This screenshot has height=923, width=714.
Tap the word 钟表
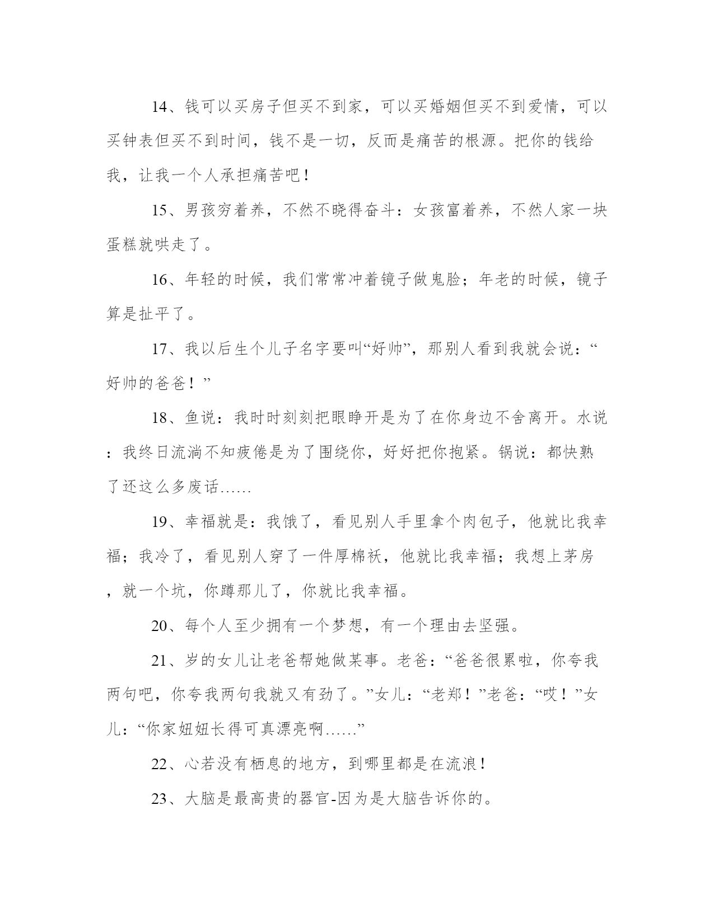(x=139, y=142)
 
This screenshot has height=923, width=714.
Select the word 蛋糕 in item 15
(x=123, y=246)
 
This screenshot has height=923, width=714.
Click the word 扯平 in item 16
(x=155, y=315)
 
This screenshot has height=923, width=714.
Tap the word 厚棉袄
(x=357, y=557)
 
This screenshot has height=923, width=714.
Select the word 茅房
(x=577, y=557)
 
